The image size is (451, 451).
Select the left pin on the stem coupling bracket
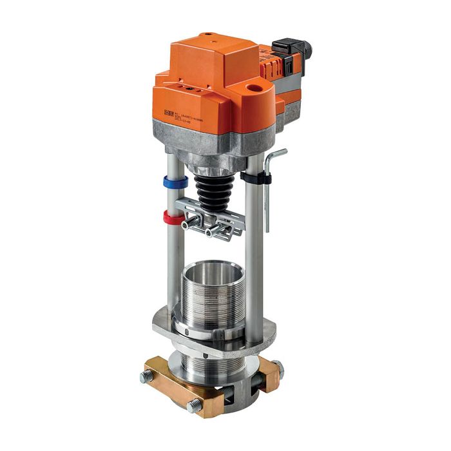pyautogui.click(x=187, y=225)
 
